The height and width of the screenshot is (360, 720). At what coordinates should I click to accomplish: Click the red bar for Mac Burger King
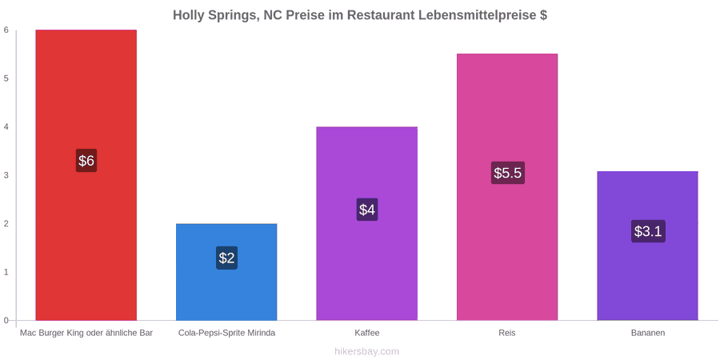86,175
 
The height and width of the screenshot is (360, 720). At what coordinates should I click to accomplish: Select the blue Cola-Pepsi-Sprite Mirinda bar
226,272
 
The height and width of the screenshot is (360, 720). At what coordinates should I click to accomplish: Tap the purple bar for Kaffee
367,223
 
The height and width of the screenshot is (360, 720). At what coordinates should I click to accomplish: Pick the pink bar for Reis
507,187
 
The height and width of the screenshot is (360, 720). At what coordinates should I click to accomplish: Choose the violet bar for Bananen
647,246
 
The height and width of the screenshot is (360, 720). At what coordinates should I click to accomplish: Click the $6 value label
86,161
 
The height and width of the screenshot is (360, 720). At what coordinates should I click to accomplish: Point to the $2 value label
226,258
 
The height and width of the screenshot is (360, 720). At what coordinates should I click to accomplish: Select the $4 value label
367,210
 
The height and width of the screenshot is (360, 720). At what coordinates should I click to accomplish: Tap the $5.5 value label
507,173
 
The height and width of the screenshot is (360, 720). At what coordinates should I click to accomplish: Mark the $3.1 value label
648,231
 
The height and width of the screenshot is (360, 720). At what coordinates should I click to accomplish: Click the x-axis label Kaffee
367,334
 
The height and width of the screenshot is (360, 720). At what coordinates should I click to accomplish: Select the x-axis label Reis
507,334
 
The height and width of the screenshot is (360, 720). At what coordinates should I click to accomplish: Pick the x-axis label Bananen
647,334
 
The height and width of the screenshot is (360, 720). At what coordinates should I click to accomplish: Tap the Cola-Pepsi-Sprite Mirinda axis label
227,334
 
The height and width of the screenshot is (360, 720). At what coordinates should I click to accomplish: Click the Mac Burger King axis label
86,334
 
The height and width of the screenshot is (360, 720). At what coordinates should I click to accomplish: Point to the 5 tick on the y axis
6,78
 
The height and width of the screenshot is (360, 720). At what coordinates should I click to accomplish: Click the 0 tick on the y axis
6,321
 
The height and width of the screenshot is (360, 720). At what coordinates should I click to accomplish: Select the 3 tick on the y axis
6,175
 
